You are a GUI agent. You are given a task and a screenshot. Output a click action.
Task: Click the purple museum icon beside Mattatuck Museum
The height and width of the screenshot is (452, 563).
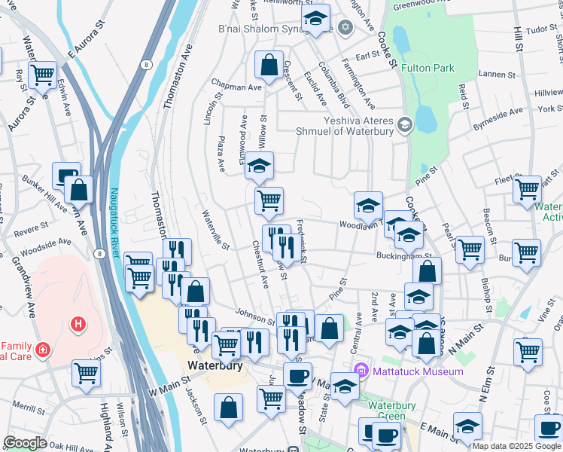tap(361, 371)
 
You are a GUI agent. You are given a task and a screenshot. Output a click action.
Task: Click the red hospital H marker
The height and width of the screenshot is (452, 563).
tap(77, 325)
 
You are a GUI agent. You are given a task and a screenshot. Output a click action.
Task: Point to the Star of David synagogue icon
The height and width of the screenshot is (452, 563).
tap(345, 28)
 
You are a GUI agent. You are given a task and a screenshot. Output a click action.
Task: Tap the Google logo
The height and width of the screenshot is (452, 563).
tap(26, 443)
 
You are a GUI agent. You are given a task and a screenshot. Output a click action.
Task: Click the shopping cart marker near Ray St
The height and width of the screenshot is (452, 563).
tap(41, 75)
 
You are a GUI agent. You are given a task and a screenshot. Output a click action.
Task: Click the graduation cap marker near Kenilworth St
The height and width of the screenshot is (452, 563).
tap(315, 17)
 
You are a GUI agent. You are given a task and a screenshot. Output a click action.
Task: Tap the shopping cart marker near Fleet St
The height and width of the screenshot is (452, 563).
tap(528, 188)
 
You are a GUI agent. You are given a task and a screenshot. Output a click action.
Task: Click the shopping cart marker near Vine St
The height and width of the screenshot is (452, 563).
tap(528, 351)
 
